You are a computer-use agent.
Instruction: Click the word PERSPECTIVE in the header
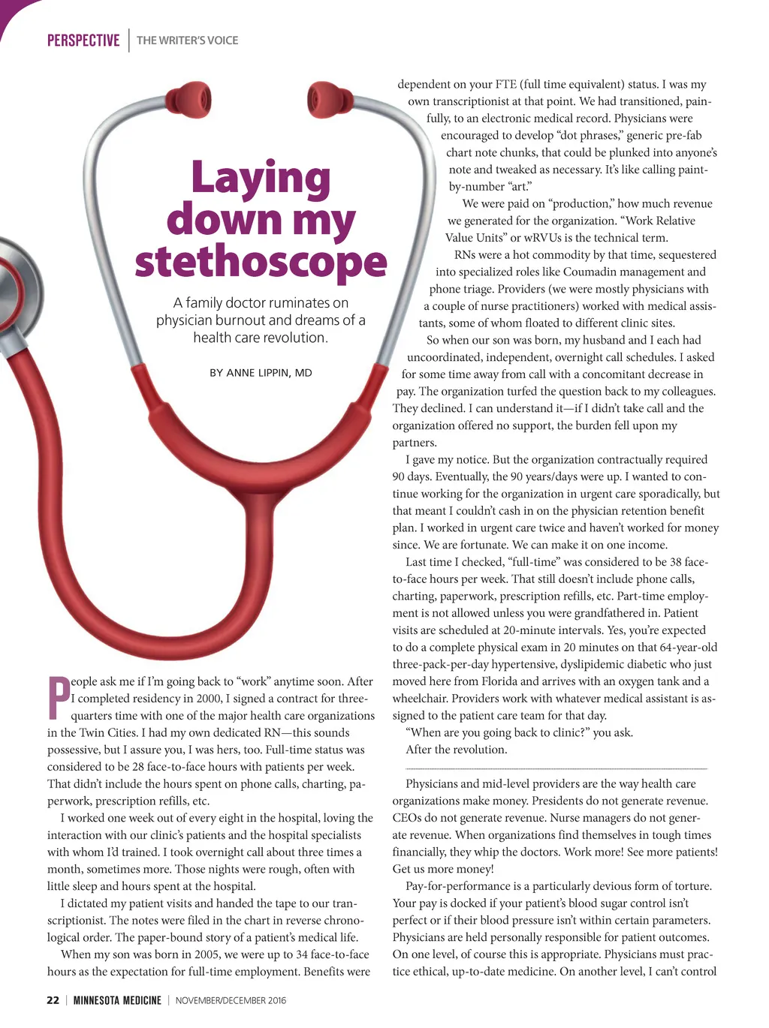click(83, 41)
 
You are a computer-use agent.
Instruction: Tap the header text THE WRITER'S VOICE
click(187, 41)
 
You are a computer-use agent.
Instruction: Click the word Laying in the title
click(261, 179)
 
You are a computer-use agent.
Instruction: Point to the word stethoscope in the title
click(261, 262)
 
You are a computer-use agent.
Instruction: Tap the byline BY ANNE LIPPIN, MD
click(261, 373)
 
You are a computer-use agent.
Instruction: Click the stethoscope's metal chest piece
click(11, 293)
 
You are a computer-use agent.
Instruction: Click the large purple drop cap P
click(58, 697)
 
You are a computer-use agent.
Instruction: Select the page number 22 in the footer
click(53, 1000)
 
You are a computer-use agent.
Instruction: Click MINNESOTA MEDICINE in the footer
click(117, 1000)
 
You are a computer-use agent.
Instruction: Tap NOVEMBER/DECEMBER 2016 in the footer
click(231, 1000)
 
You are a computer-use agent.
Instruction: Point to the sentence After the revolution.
click(456, 750)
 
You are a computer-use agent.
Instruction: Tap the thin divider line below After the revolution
click(556, 768)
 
